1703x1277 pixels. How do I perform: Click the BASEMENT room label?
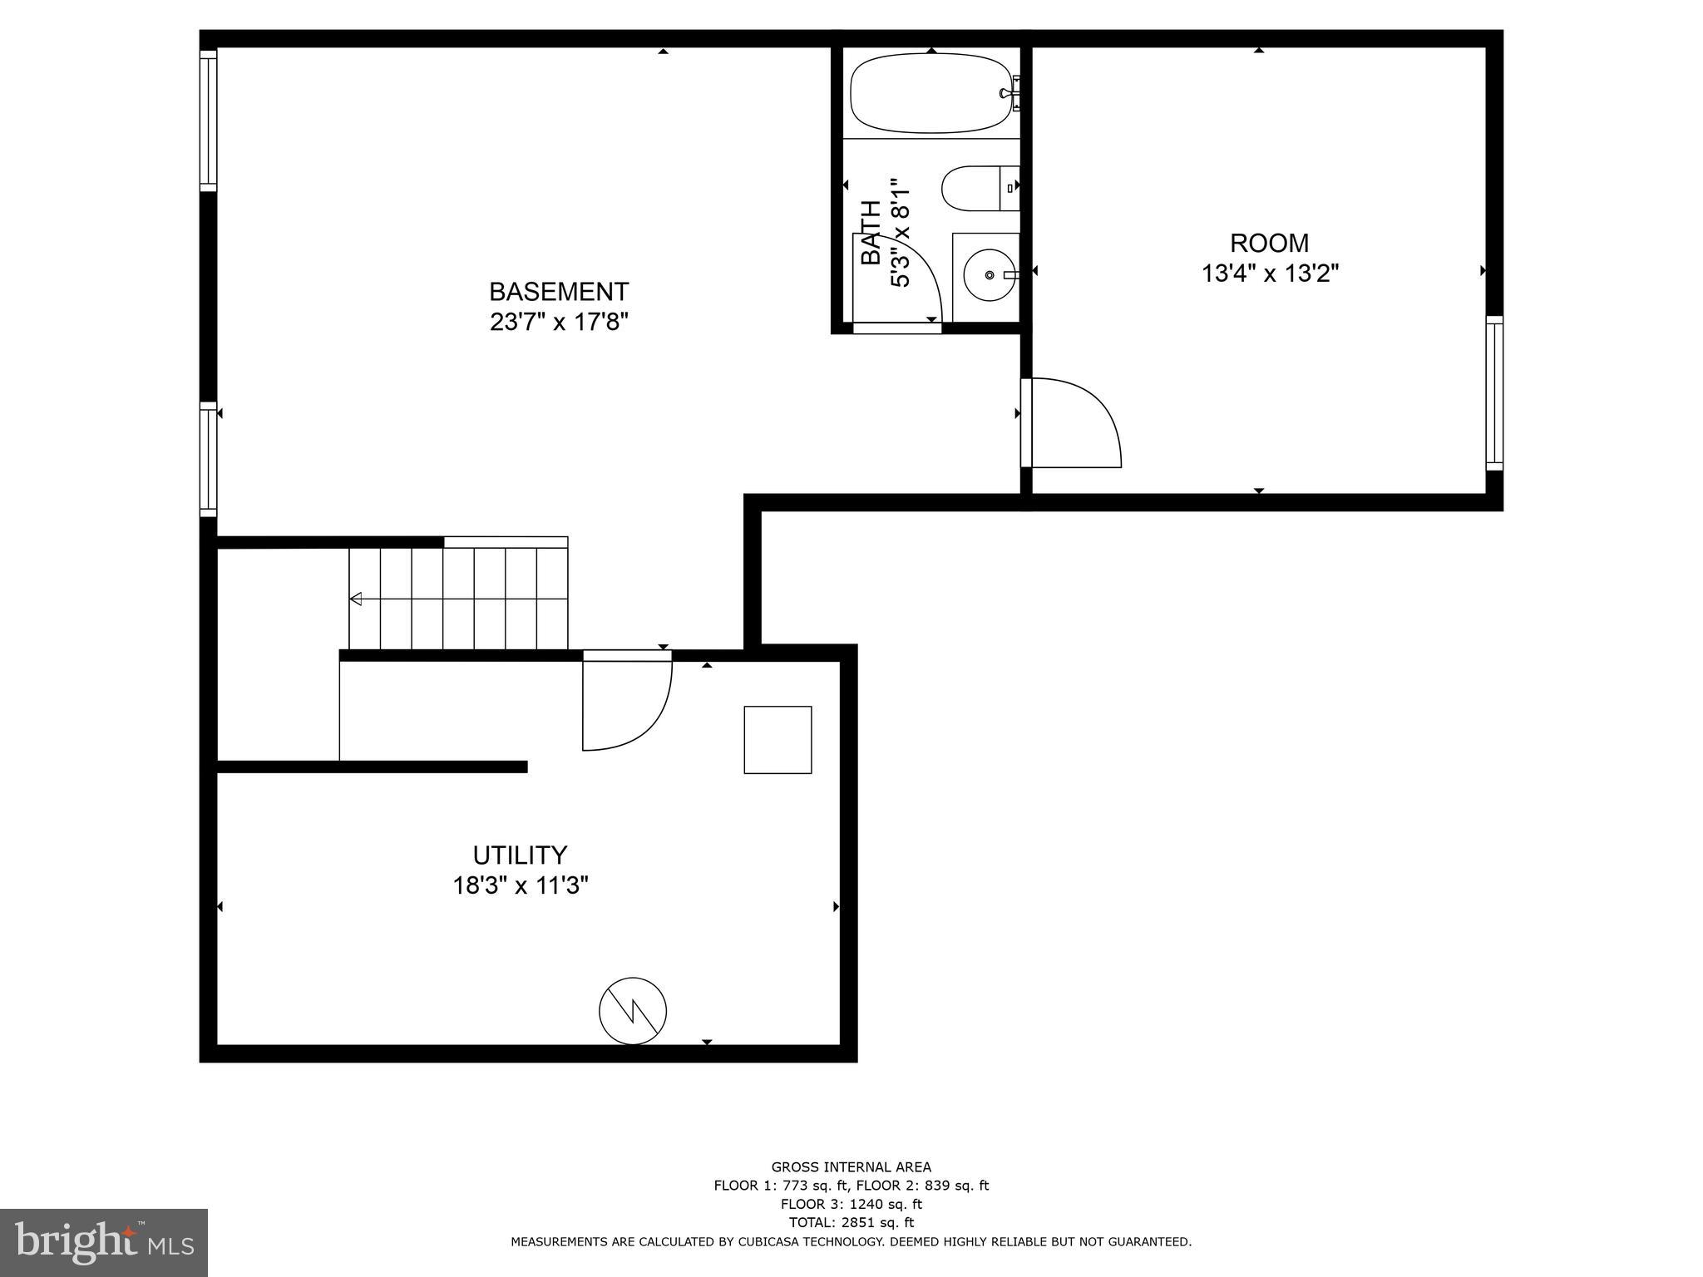(559, 292)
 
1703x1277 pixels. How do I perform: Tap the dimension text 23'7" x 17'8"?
(559, 322)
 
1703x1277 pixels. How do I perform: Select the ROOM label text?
(1269, 243)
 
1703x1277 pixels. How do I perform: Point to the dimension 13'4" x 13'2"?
(1270, 274)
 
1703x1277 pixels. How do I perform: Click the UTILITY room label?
(520, 855)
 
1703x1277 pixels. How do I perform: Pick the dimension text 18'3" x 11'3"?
(520, 885)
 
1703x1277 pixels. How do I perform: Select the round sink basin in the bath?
(987, 274)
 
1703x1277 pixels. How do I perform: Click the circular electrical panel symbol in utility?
(633, 1011)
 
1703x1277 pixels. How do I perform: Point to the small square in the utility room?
(777, 739)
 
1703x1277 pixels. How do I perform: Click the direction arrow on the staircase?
(356, 599)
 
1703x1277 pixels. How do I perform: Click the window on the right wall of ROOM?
(1494, 392)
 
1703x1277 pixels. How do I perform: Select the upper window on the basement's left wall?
(208, 121)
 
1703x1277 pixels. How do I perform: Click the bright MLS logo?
(104, 1242)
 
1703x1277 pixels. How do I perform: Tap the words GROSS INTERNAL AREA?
(851, 1167)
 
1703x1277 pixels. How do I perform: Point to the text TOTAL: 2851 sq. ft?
(851, 1222)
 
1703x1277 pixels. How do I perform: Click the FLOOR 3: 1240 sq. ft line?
(851, 1204)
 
